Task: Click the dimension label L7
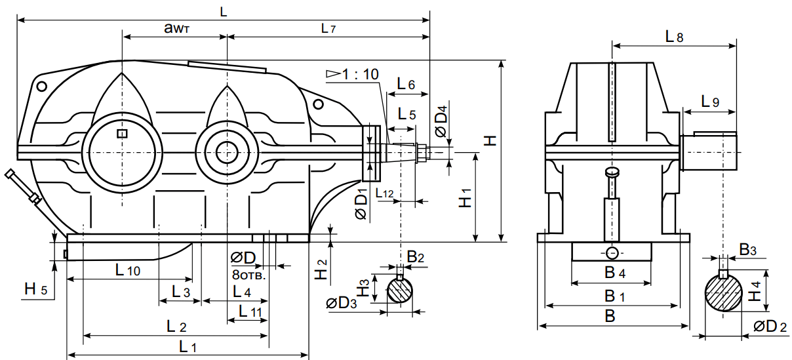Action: click(x=328, y=29)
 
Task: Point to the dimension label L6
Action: click(x=406, y=85)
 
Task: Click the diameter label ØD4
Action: click(x=442, y=121)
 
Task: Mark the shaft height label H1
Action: click(x=465, y=199)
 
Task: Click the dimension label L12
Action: click(x=385, y=193)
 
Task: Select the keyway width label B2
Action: click(x=416, y=258)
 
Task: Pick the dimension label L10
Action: click(x=127, y=270)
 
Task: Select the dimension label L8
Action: click(x=674, y=38)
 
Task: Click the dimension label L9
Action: click(x=709, y=102)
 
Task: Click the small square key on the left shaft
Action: click(x=121, y=134)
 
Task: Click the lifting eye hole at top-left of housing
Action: click(x=42, y=86)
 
